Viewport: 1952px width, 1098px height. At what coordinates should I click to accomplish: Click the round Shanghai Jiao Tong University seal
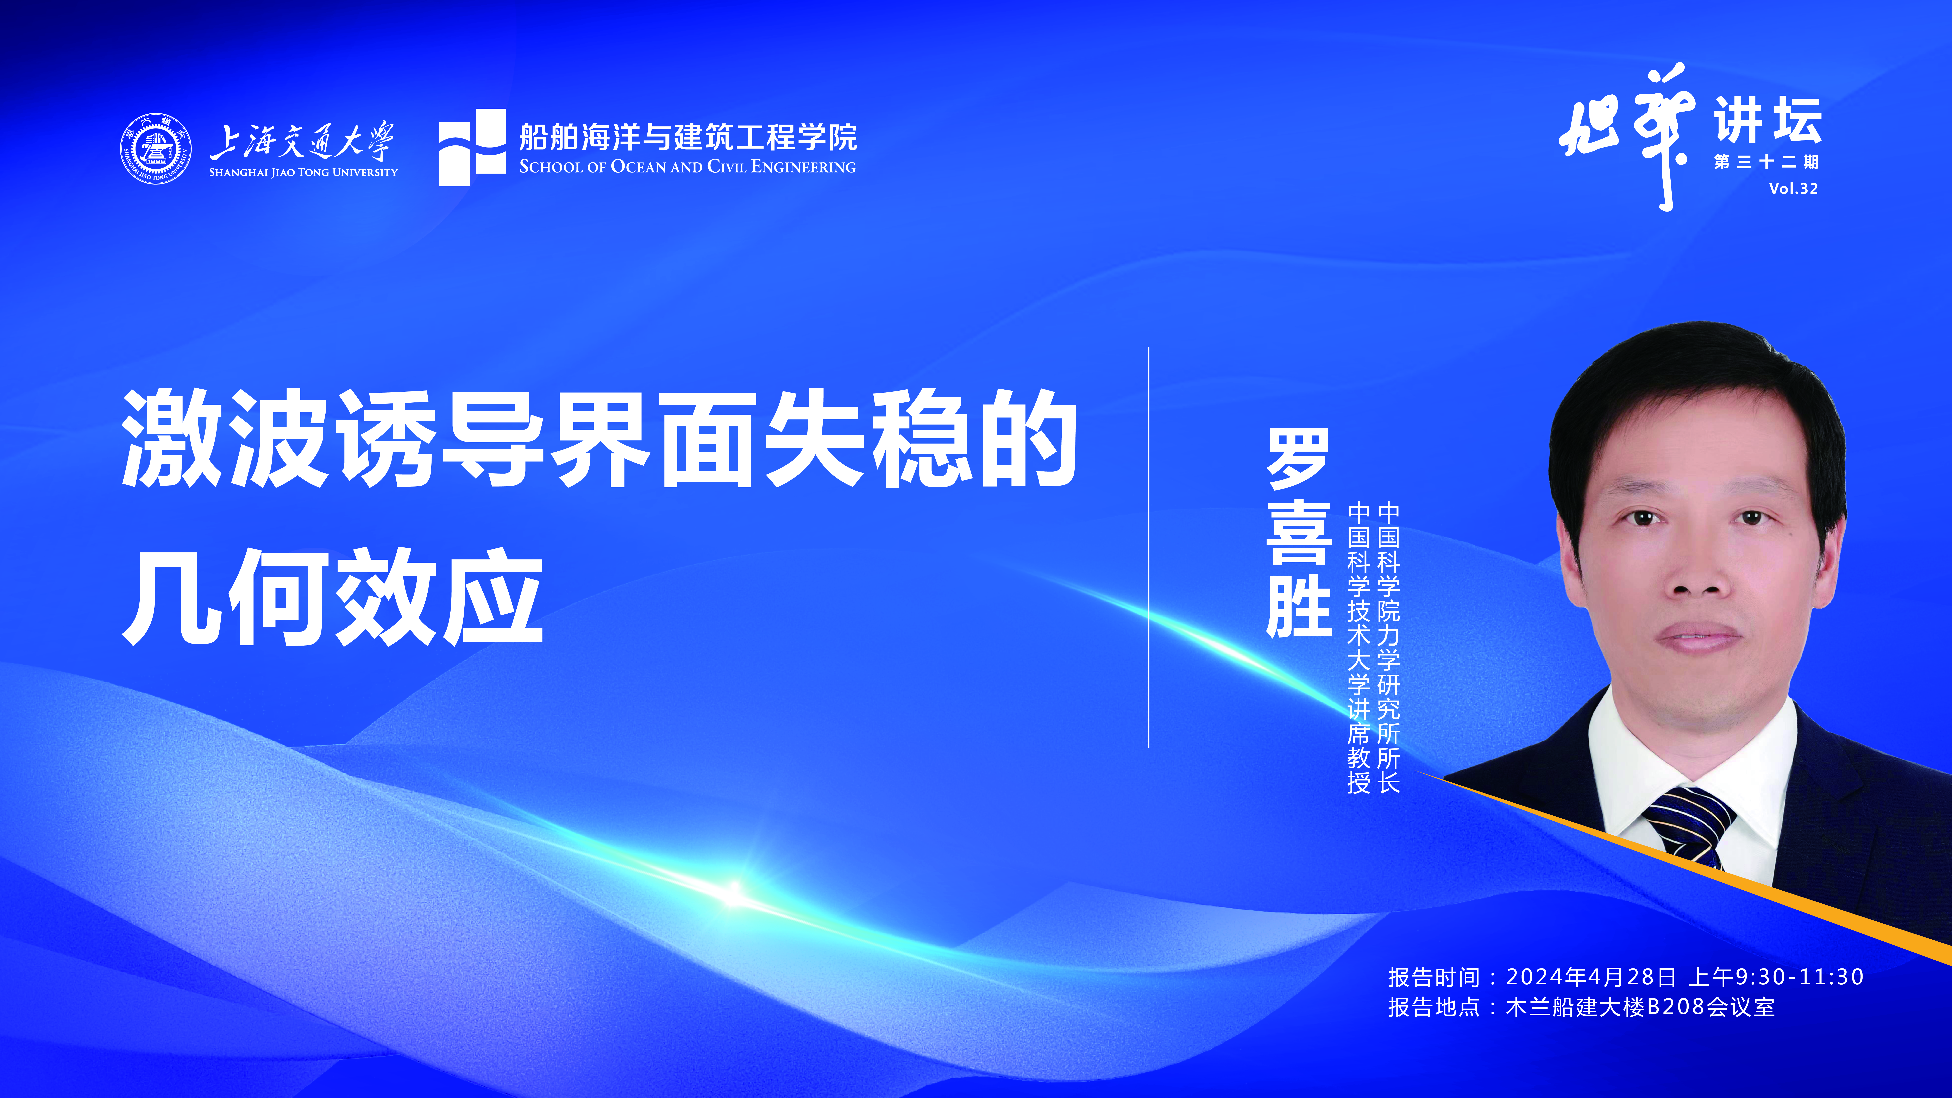pyautogui.click(x=155, y=149)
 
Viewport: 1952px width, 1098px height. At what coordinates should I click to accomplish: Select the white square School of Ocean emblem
pyautogui.click(x=472, y=147)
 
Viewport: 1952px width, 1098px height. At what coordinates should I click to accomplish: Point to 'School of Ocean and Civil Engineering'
pyautogui.click(x=687, y=167)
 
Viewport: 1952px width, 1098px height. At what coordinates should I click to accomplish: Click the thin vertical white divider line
pyautogui.click(x=1149, y=547)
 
